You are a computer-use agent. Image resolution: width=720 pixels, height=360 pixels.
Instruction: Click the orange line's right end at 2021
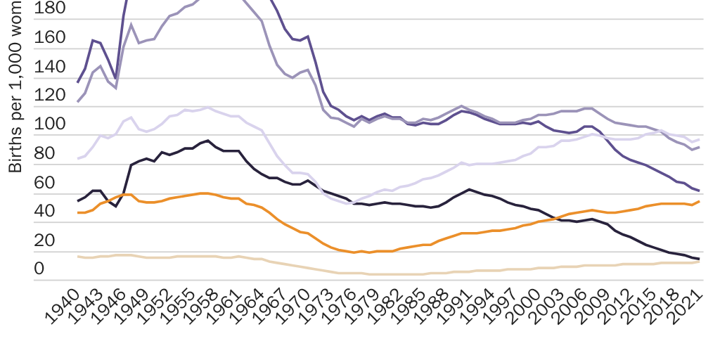699,202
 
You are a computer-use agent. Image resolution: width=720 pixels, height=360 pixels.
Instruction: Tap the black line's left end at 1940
77,201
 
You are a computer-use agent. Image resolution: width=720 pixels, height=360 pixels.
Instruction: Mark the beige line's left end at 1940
77,257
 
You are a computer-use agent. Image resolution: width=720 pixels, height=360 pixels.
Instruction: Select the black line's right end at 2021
699,259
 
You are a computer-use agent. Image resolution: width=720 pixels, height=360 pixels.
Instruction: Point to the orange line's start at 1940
77,212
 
